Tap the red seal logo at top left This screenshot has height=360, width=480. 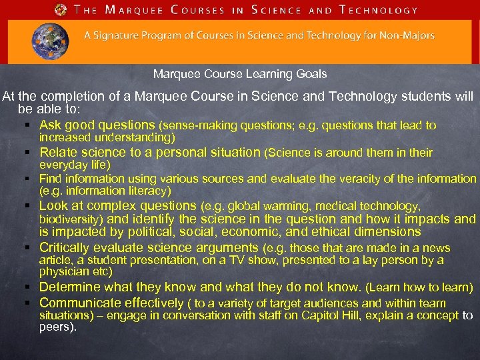pyautogui.click(x=61, y=9)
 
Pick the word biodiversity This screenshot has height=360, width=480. pyautogui.click(x=70, y=219)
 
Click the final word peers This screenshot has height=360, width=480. pyautogui.click(x=57, y=327)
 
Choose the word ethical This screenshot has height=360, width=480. pyautogui.click(x=345, y=232)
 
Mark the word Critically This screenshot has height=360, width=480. pyautogui.click(x=69, y=247)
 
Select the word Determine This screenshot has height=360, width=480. pyautogui.click(x=71, y=287)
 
